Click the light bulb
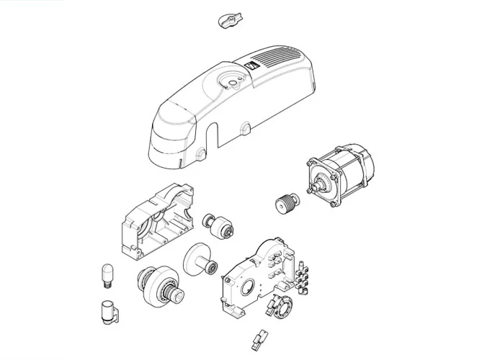[107, 276]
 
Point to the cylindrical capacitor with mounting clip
[109, 313]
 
